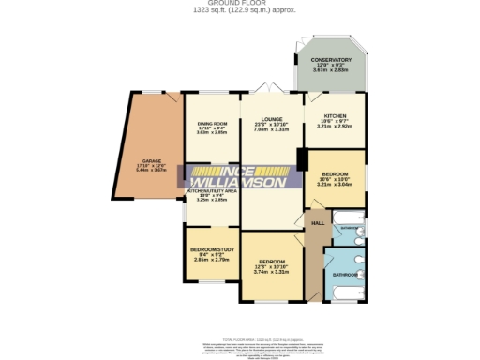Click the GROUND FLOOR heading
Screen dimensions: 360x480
click(x=239, y=3)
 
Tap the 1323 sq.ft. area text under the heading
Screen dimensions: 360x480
click(x=239, y=9)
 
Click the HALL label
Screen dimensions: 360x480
click(x=320, y=222)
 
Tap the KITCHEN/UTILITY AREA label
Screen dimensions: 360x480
click(x=212, y=190)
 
